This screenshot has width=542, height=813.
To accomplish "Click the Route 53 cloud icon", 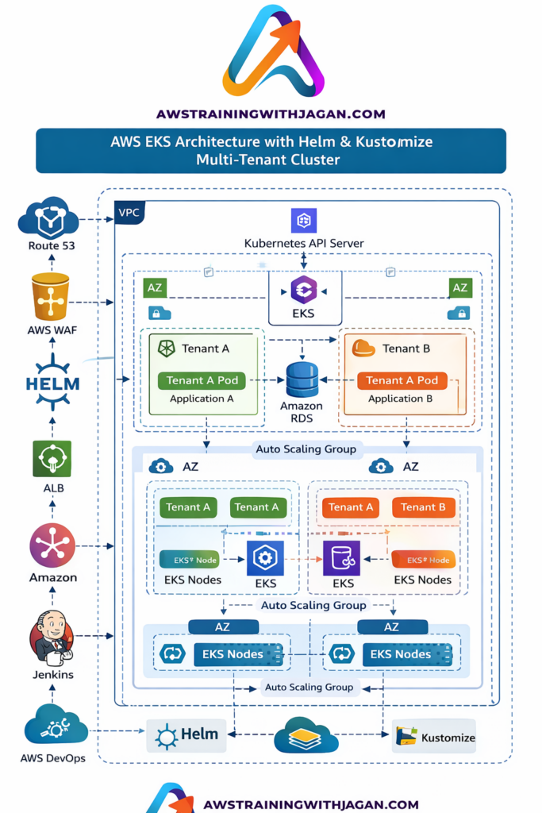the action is pos(48,218).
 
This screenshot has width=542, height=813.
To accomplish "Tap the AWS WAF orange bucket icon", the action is pos(51,297).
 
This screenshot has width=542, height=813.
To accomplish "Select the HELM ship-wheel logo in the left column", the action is pos(53,382).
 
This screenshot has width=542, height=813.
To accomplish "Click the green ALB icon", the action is pos(52,458).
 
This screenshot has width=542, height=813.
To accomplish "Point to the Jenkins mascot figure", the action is pos(52,638).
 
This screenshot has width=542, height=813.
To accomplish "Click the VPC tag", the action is pos(129,213).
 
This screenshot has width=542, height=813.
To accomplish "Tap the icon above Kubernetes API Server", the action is pos(304,221).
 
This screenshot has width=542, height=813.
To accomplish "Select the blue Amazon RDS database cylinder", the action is pos(302,380).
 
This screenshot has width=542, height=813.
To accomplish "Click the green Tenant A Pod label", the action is pos(202,380).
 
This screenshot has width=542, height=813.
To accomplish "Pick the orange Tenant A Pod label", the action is pos(402,380).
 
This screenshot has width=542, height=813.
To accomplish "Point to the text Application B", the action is pos(400,399).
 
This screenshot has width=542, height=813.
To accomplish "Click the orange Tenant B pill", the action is pos(423,507).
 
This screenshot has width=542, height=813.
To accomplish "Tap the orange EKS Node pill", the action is pos(424,560).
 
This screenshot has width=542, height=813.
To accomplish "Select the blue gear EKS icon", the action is pos(265,558).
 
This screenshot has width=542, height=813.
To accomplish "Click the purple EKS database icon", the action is pos(341,558).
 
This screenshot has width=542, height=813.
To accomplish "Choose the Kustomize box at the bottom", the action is pos(434,736).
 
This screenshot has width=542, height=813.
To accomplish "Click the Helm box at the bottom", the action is pos(186,735).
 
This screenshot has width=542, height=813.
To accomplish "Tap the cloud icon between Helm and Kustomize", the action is pos(306,735).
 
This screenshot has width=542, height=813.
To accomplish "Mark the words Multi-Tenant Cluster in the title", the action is pos(268,159).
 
